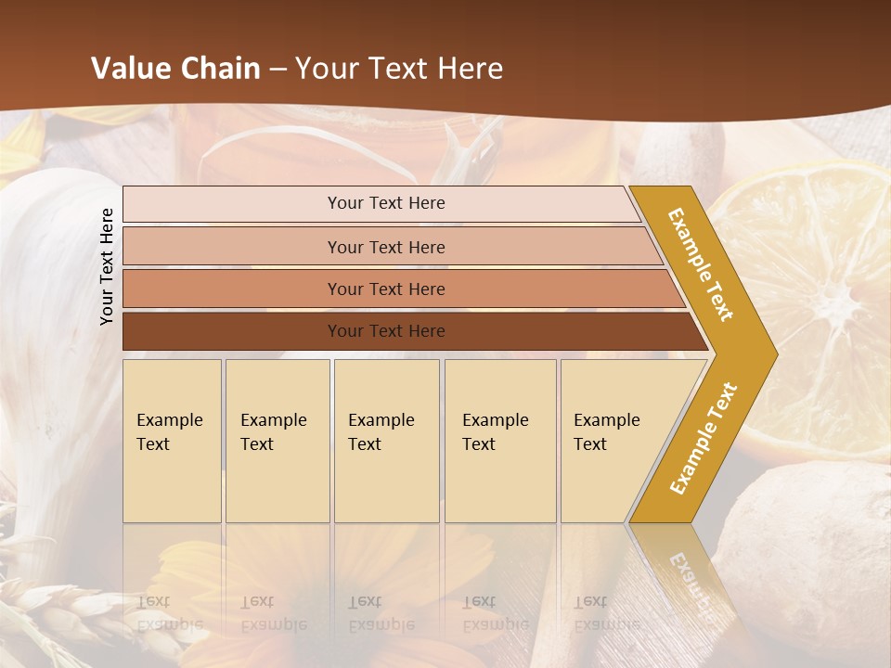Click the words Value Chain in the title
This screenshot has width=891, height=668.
(175, 69)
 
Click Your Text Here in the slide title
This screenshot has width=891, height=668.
(399, 69)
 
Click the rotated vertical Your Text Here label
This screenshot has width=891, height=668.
(107, 266)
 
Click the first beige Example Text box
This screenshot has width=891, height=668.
(172, 440)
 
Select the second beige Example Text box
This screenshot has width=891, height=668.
(277, 440)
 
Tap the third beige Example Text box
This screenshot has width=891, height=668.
(385, 440)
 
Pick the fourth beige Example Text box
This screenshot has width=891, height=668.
(499, 440)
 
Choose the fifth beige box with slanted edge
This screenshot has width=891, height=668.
(613, 440)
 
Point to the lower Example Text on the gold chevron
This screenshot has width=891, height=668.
(704, 439)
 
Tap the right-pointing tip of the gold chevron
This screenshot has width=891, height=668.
(770, 353)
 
